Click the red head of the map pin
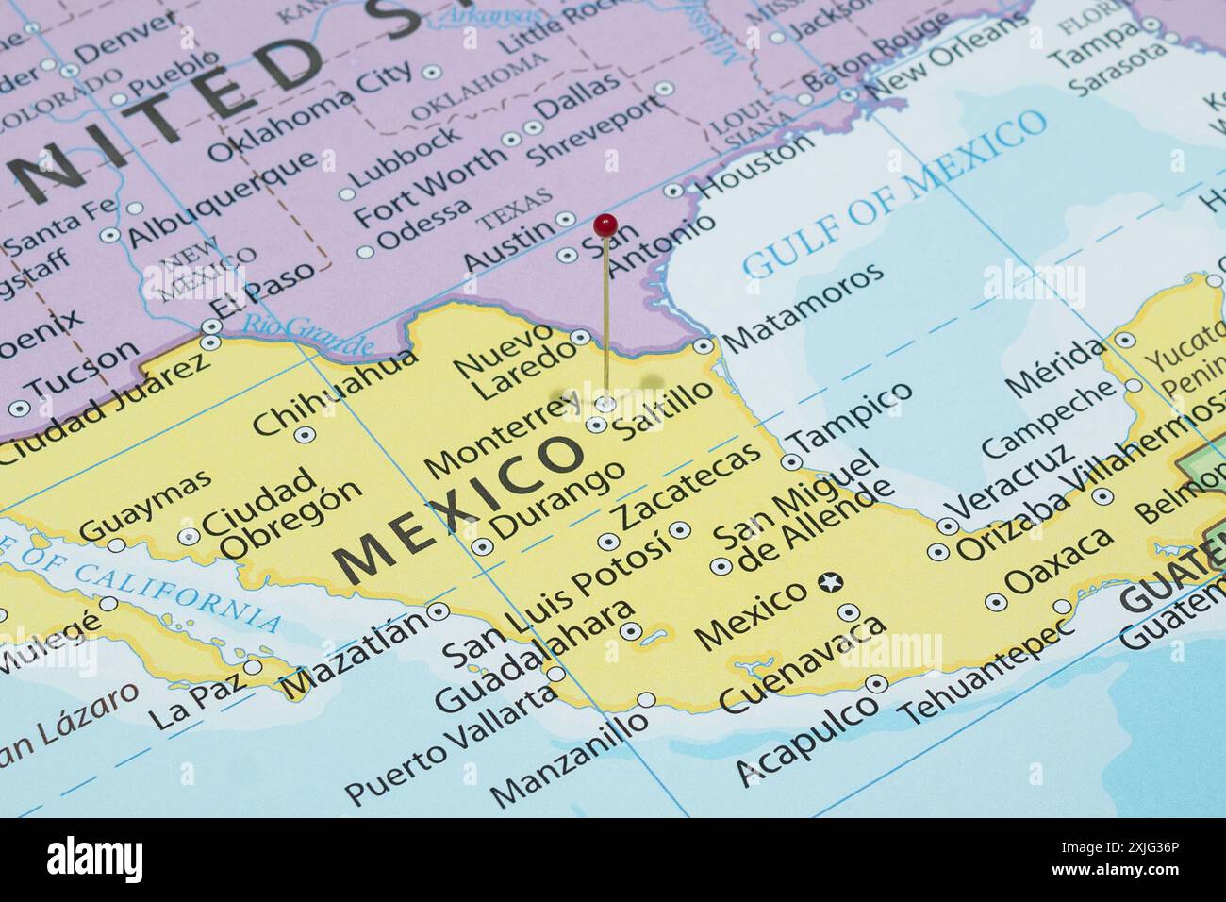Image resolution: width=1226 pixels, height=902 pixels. pos(605,225)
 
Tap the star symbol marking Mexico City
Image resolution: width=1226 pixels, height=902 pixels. pos(829,583)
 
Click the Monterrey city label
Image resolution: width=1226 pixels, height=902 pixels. pos(502,437)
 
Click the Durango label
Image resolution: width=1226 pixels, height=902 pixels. pos(557,499)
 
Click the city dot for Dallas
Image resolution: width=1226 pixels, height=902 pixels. pos(533,128)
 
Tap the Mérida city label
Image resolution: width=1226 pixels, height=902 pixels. pos(1053,367)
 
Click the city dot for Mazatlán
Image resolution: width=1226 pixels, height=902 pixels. pos(439,611)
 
